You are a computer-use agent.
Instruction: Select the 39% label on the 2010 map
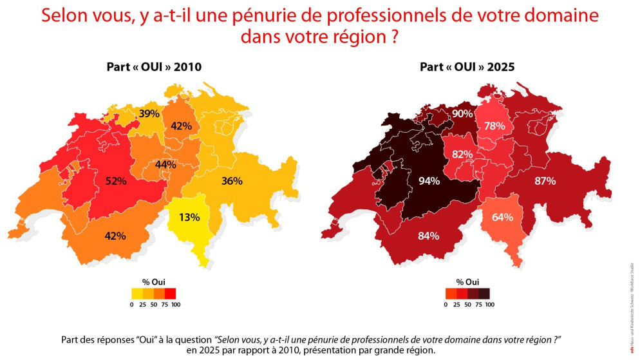coord(150,113)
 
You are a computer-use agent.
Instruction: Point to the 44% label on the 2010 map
coord(165,164)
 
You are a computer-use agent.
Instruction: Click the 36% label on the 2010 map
coord(232,181)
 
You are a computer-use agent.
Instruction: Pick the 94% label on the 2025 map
coord(428,181)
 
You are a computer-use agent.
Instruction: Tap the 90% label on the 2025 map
coord(463,113)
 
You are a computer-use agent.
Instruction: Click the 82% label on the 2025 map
coord(462,155)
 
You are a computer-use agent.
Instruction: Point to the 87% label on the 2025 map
coord(545,181)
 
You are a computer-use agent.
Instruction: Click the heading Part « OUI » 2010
coord(149,66)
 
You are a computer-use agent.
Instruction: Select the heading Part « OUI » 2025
coord(464,66)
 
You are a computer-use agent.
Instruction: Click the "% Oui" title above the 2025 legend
coord(467,281)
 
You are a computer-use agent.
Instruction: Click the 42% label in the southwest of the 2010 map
coord(116,235)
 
